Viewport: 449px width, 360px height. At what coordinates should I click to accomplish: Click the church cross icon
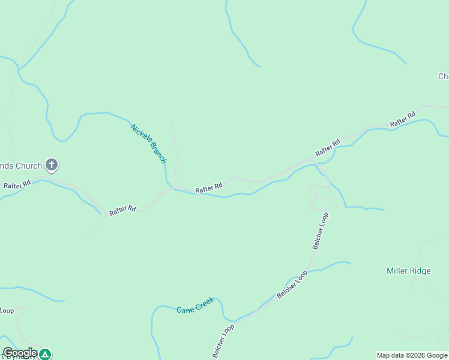(52, 165)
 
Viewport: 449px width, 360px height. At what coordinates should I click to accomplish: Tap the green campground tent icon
(45, 354)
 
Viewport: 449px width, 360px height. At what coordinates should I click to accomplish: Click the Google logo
(20, 353)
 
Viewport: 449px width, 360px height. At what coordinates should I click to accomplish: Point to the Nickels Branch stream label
(148, 143)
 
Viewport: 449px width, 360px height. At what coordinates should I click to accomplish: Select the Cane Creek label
(195, 305)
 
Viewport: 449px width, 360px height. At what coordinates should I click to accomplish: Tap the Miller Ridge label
(408, 271)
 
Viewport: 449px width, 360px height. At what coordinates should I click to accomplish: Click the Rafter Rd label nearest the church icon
(17, 185)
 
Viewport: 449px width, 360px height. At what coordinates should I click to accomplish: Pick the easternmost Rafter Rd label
(402, 119)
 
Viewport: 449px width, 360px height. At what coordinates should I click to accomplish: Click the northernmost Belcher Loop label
(321, 231)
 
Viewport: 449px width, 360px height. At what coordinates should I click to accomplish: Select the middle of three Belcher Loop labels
(292, 284)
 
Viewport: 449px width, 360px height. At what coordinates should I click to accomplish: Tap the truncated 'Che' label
(443, 76)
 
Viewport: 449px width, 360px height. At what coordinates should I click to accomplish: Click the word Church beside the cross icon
(29, 166)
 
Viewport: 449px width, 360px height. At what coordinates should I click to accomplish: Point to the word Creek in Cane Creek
(204, 303)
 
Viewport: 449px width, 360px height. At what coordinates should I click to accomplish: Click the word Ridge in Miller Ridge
(420, 271)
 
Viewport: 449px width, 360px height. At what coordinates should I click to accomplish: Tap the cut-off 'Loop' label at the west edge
(7, 310)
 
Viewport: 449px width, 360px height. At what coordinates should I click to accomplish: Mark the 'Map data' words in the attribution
(390, 355)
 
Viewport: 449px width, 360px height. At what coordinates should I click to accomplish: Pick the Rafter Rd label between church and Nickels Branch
(122, 209)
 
